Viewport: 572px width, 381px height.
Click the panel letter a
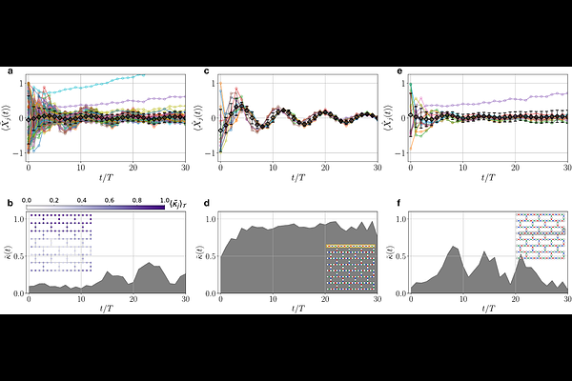(10, 71)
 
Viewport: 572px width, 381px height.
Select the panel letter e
(397, 71)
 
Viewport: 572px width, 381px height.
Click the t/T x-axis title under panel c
(298, 177)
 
